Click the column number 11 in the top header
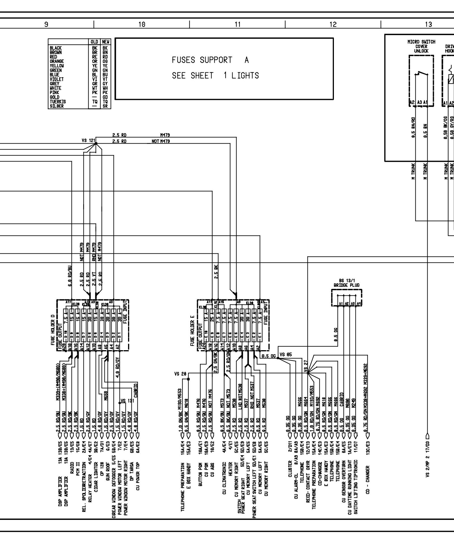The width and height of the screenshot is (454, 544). (x=238, y=25)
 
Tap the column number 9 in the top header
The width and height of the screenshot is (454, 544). (x=46, y=25)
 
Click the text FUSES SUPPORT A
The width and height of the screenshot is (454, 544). (x=210, y=60)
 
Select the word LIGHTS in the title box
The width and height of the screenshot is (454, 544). (x=245, y=76)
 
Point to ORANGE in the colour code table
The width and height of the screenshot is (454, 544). (x=57, y=61)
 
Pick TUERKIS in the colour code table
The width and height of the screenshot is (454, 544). (x=58, y=102)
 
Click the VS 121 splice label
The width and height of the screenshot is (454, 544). (x=88, y=141)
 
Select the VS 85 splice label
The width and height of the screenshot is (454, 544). (x=286, y=355)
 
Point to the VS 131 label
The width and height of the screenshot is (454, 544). (x=127, y=401)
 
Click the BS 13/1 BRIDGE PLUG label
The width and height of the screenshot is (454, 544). (x=346, y=283)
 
